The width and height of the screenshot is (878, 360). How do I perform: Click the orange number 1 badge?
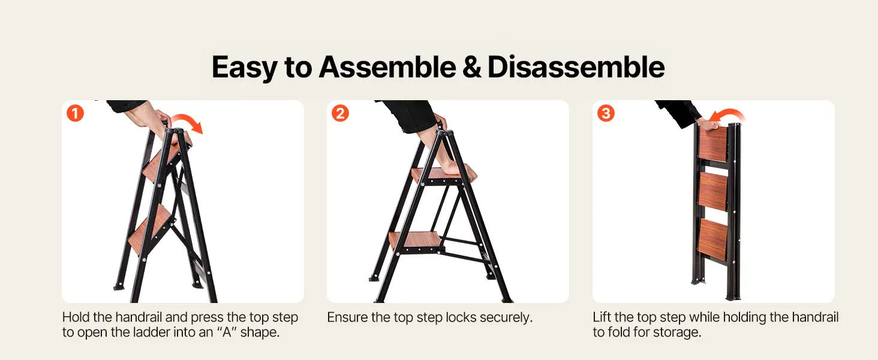coord(75,113)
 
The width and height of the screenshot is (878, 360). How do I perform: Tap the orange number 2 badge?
coord(340,113)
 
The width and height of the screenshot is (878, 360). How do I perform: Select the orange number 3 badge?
coord(606,113)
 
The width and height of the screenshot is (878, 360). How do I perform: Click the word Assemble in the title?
coord(387,67)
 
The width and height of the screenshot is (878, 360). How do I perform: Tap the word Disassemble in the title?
coord(576,67)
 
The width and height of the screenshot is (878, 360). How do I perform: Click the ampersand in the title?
coord(472,67)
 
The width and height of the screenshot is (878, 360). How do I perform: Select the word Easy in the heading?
coord(245,68)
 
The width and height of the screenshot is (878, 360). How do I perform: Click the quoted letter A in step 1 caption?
coord(227,332)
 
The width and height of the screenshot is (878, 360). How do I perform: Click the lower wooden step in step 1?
coord(150,229)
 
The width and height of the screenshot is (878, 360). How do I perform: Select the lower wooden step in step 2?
coord(414,240)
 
